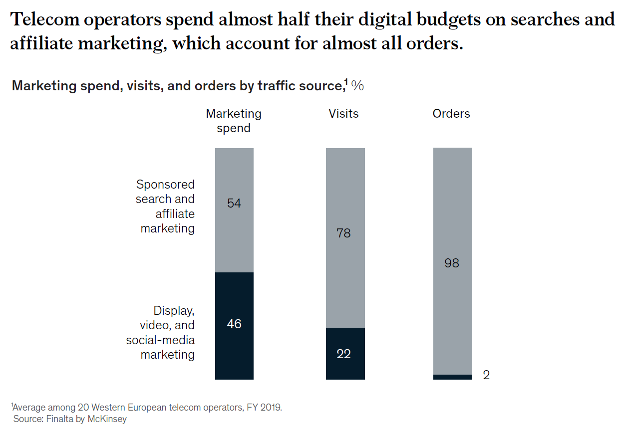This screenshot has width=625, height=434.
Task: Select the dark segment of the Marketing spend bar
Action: coord(234,349)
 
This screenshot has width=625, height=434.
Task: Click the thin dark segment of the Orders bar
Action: coord(452,377)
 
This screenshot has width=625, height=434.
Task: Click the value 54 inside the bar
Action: coord(234,204)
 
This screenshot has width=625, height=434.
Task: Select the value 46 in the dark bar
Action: coord(234,324)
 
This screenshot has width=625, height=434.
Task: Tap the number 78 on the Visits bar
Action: coord(344,233)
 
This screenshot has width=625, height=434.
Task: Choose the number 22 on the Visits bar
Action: coord(344,354)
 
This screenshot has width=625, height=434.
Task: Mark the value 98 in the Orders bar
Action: coord(452,263)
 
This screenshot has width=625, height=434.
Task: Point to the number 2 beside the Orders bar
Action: coord(486,375)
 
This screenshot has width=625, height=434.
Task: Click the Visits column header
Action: coord(343,114)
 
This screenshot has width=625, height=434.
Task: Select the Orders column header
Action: coord(451,114)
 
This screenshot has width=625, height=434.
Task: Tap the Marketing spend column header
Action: coord(234,121)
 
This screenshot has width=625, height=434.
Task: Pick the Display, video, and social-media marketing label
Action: coord(161,332)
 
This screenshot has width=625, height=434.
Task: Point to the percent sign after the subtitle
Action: coord(357,86)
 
